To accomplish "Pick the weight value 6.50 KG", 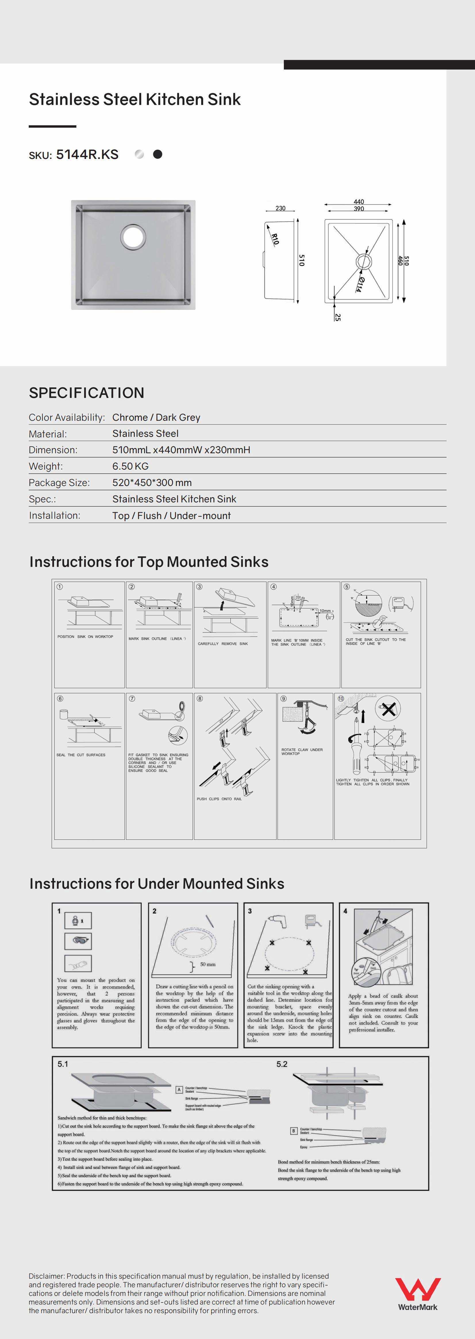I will [130, 466].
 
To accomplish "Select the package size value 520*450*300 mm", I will [152, 482].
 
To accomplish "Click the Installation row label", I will [55, 515].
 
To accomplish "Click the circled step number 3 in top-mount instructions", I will [199, 587].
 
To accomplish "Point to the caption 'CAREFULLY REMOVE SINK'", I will [222, 643].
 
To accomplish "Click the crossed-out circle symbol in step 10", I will [388, 709].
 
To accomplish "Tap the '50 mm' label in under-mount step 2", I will [207, 964].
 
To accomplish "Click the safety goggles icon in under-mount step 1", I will [78, 941].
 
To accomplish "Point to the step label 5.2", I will [282, 1064].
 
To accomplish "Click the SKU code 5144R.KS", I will [87, 154].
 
